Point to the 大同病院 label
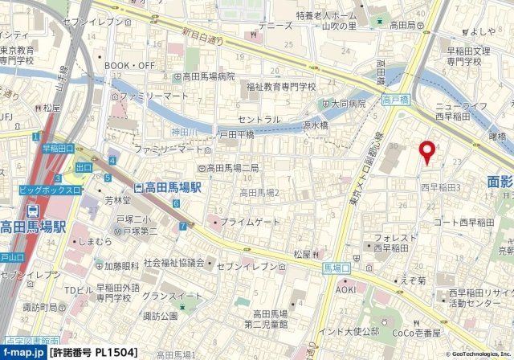point(343,103)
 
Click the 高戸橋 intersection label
point(396,100)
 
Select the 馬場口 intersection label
point(337,267)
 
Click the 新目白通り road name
point(201,36)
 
